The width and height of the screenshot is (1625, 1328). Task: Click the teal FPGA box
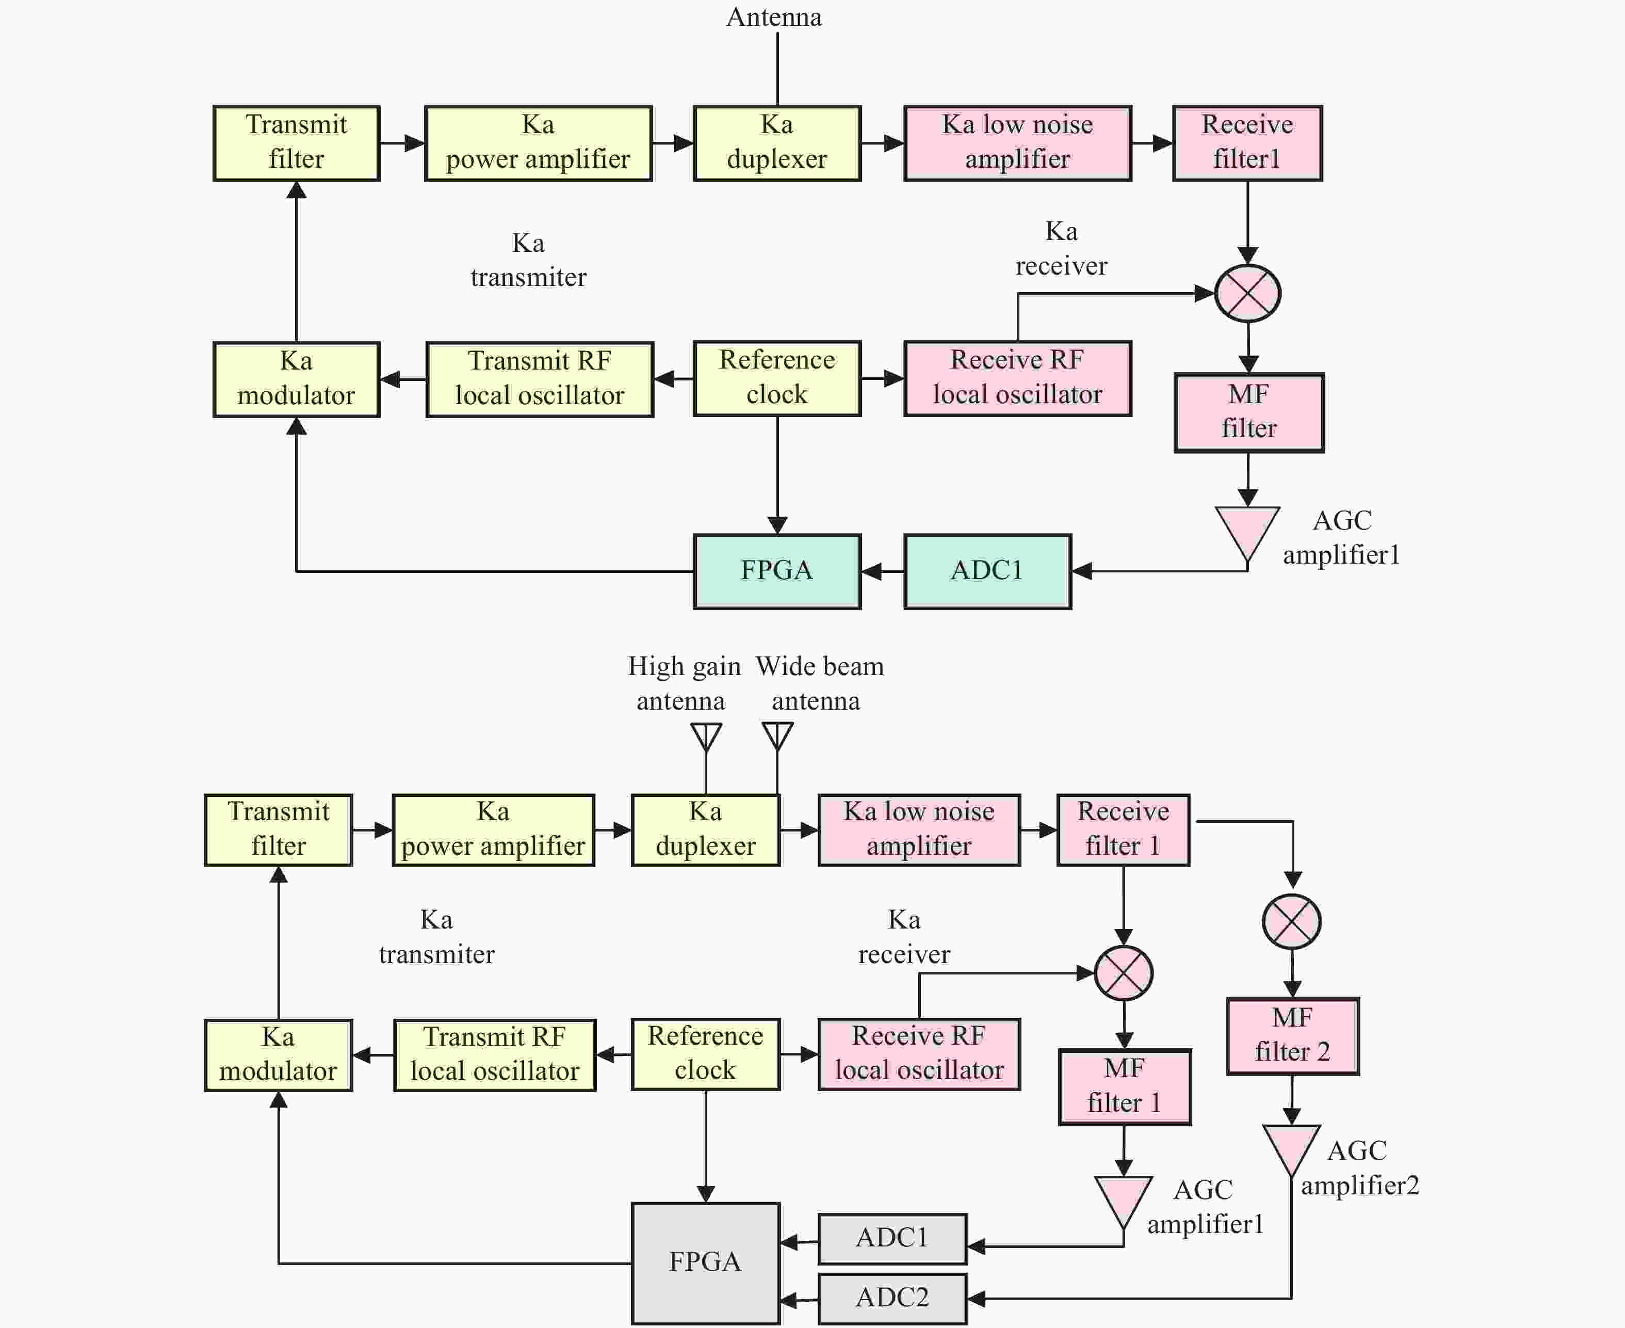pyautogui.click(x=777, y=571)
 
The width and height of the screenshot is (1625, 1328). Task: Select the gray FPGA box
pyautogui.click(x=705, y=1263)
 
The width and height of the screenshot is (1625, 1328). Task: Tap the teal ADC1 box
pyautogui.click(x=987, y=571)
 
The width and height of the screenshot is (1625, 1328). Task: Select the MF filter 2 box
pyautogui.click(x=1292, y=1036)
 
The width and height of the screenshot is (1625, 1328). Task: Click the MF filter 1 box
pyautogui.click(x=1124, y=1086)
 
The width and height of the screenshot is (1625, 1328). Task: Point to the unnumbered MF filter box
pyautogui.click(x=1249, y=412)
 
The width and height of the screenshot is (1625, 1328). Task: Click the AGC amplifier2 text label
pyautogui.click(x=1360, y=1167)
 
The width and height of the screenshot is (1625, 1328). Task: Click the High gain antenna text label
pyautogui.click(x=684, y=683)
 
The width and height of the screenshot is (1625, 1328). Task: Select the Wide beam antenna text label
pyautogui.click(x=819, y=683)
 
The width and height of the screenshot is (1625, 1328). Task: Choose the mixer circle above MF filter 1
pyautogui.click(x=1124, y=973)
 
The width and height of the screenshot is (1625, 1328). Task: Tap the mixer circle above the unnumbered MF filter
pyautogui.click(x=1248, y=293)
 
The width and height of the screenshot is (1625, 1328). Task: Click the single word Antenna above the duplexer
pyautogui.click(x=774, y=17)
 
